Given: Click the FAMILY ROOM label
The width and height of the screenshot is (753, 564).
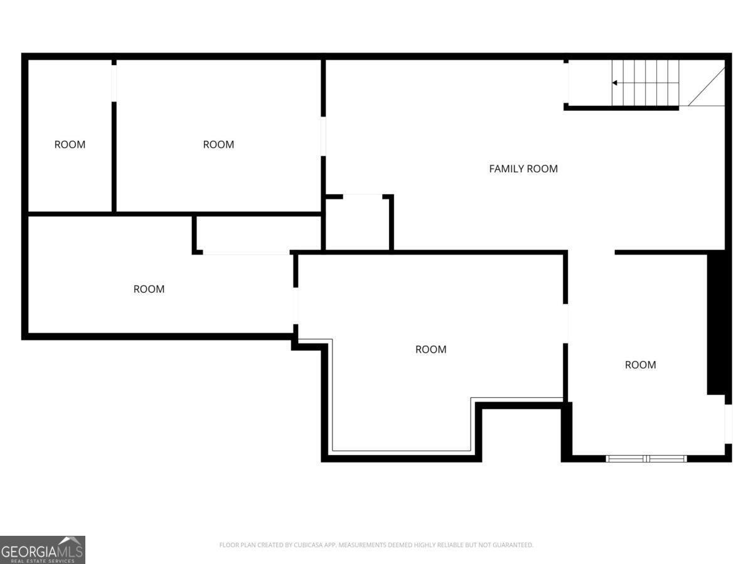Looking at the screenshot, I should coord(523,169).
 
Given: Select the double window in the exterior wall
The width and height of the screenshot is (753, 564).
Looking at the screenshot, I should coord(646,459).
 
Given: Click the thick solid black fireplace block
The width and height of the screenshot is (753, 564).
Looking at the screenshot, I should coord(715,323).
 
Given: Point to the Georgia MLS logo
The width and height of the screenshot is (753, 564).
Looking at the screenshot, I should coord(42,550).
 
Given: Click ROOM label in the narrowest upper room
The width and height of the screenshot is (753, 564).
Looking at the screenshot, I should coord(70,145).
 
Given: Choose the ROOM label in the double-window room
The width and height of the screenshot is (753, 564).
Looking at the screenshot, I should coord(640,365).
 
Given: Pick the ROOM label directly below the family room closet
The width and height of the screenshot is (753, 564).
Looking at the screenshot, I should coord(431,350).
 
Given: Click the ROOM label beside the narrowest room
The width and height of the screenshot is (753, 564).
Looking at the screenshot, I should coord(218,145).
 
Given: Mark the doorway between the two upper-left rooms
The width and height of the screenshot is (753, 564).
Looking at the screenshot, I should coord(114,82).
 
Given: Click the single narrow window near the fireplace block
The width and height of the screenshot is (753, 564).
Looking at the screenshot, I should coord(728,424).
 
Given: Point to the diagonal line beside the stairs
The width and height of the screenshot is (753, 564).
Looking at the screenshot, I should coord(707,86).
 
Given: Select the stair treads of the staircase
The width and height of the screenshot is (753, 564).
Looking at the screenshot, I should coord(646,83).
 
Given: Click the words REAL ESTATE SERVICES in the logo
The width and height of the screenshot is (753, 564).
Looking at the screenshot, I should coord(42,561).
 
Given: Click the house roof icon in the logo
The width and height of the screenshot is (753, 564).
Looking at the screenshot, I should coord(70,541).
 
